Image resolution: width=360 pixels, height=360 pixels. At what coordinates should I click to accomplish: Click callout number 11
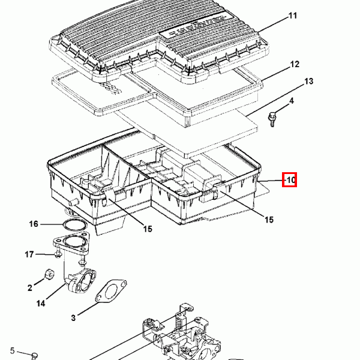pos(293,16)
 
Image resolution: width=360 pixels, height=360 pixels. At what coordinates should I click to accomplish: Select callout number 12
pos(295,64)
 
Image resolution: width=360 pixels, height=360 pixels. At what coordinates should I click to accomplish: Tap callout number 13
pos(309,81)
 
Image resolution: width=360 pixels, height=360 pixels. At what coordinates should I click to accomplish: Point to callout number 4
pos(292,101)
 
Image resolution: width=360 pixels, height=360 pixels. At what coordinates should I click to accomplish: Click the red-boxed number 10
pos(290,180)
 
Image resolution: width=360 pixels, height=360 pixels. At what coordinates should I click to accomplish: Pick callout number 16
pos(34,224)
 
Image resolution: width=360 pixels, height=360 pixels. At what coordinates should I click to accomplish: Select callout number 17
pos(29,254)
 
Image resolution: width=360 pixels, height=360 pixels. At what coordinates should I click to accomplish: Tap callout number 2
pos(30,288)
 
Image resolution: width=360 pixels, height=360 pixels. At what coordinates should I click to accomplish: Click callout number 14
pos(41,304)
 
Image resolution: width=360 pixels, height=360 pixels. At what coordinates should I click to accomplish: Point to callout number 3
pos(73,318)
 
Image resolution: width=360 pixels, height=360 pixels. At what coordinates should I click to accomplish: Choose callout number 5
pos(12,350)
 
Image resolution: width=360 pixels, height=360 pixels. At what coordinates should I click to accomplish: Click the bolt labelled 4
pos(272,119)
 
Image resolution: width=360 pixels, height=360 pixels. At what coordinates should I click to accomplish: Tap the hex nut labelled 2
pos(49,274)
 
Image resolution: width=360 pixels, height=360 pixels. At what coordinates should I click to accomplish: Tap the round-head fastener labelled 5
pos(34,356)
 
